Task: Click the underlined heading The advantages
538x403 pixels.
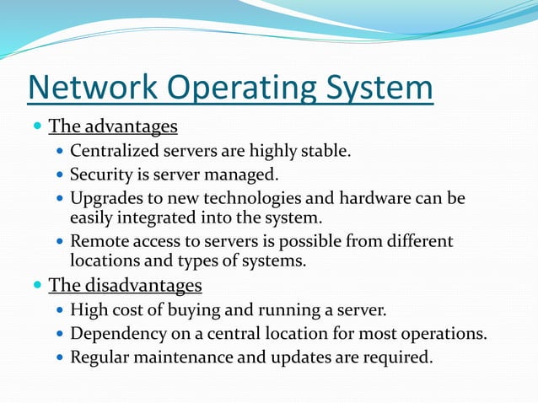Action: (x=113, y=127)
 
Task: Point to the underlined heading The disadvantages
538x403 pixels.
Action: (x=125, y=285)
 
